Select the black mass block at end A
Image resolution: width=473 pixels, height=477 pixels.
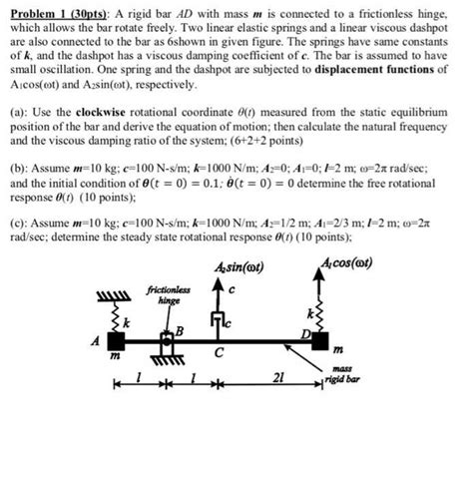click(x=116, y=342)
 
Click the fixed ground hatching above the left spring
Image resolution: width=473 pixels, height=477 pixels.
click(x=111, y=294)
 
